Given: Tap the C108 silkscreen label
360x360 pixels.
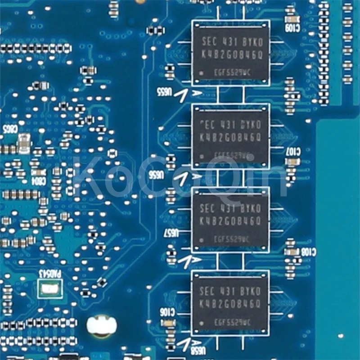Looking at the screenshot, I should [307, 253].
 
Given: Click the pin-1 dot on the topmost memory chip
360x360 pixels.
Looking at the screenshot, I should [202, 72].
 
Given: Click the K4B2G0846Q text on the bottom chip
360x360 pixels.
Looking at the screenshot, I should [230, 301].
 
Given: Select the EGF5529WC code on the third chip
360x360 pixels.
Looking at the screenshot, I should [231, 240].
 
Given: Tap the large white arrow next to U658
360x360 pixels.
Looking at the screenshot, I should [184, 343].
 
